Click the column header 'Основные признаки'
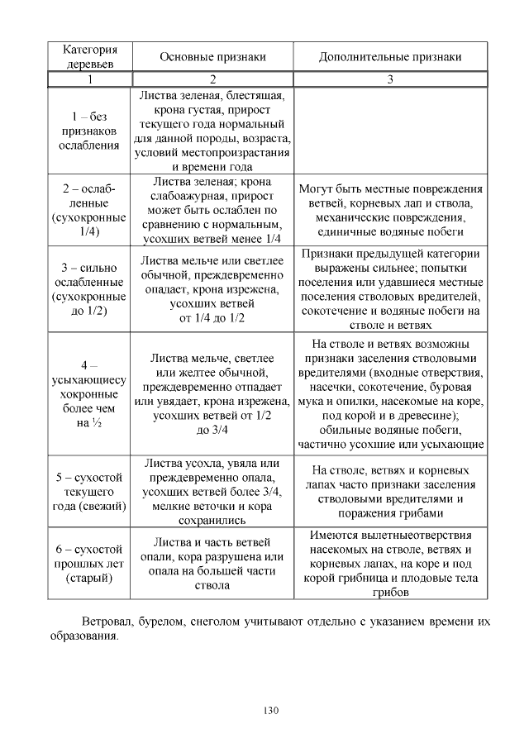point(212,57)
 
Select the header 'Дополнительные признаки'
point(390,57)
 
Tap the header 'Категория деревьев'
point(89,56)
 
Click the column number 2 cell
point(212,79)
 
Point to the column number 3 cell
point(390,79)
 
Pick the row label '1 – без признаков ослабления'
point(89,131)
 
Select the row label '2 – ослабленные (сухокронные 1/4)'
point(89,210)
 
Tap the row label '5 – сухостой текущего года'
point(89,492)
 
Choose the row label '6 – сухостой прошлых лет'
point(89,563)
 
